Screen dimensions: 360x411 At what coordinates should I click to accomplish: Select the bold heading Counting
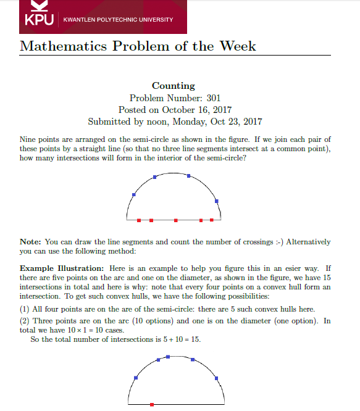pos(174,86)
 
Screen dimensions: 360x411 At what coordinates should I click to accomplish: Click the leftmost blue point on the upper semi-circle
pos(134,195)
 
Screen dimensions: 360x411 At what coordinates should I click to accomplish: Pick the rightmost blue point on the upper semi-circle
pos(216,200)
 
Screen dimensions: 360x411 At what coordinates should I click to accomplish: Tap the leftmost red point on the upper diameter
pos(139,220)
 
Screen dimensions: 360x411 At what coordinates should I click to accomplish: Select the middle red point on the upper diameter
pos(176,220)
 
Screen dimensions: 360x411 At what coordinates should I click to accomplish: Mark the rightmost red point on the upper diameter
pos(212,220)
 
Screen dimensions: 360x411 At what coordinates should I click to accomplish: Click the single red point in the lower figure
pos(153,404)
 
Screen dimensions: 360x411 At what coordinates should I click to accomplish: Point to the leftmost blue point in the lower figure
pos(136,378)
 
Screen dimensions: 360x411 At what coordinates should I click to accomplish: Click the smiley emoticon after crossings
pos(279,241)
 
